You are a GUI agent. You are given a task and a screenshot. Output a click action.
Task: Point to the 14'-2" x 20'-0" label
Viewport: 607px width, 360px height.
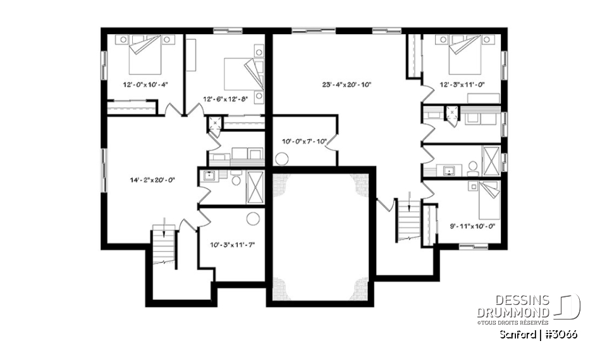[151, 180]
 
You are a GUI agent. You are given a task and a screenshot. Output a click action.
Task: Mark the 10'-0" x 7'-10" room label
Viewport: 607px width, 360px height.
[304, 142]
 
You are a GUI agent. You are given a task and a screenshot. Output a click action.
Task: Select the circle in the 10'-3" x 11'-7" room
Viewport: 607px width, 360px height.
[254, 219]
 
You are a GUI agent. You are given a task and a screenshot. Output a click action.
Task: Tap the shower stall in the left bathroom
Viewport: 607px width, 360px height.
[255, 186]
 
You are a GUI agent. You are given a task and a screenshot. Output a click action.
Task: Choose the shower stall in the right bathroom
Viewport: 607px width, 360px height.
[491, 158]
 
